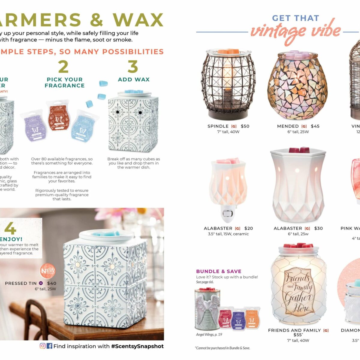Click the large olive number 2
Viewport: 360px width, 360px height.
pyautogui.click(x=63, y=67)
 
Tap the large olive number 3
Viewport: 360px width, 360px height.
pyautogui.click(x=133, y=67)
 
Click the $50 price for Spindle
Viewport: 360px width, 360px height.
pyautogui.click(x=245, y=126)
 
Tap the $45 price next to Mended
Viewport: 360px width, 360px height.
pyautogui.click(x=315, y=126)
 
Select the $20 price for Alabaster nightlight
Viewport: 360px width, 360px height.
pyautogui.click(x=249, y=228)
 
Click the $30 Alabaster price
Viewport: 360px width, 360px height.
pyautogui.click(x=319, y=228)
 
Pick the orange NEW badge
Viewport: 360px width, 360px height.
pyautogui.click(x=48, y=271)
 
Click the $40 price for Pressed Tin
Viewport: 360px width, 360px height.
pyautogui.click(x=52, y=283)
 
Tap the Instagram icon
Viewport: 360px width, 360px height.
pyautogui.click(x=43, y=346)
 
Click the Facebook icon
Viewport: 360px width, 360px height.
pyautogui.click(x=49, y=346)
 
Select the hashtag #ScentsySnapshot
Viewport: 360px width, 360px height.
pyautogui.click(x=137, y=346)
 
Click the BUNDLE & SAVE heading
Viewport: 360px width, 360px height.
pyautogui.click(x=219, y=271)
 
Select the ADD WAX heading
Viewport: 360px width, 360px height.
pyautogui.click(x=134, y=79)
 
